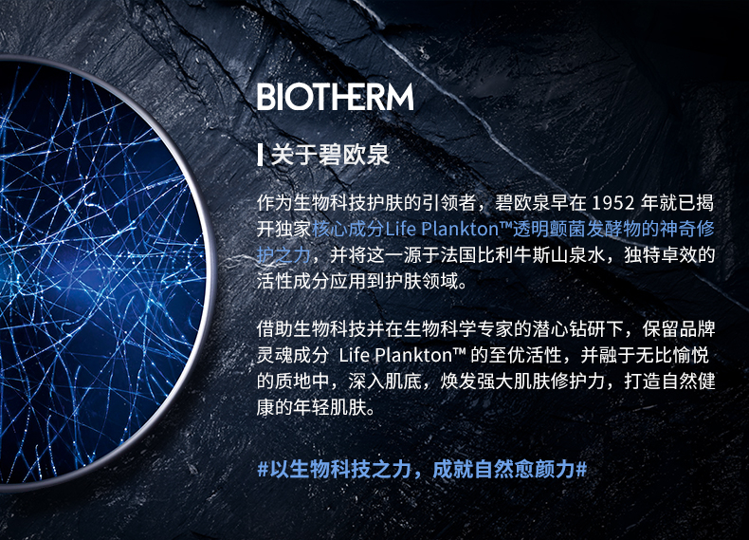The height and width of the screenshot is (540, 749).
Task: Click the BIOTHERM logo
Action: point(335,97)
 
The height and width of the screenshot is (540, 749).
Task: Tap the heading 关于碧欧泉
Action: point(330,155)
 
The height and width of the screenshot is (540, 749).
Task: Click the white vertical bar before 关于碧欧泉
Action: point(260,155)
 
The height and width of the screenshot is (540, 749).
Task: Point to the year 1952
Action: point(612,203)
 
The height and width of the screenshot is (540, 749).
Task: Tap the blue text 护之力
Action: point(284,255)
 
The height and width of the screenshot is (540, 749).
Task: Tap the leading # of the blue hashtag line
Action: point(263,469)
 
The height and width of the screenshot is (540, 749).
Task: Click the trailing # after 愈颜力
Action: point(581,469)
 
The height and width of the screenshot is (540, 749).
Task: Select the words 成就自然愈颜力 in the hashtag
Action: point(503,469)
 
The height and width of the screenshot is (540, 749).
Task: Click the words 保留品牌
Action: point(679,329)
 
